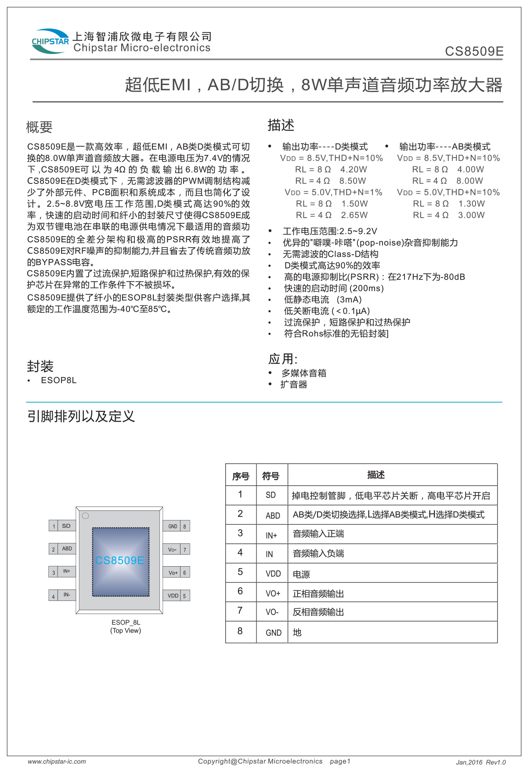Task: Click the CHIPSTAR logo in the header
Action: (50, 42)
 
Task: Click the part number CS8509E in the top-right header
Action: (474, 51)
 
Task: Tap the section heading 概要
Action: (40, 127)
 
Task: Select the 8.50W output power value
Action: (352, 181)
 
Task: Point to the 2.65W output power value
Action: (354, 215)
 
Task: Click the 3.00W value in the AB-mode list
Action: (471, 215)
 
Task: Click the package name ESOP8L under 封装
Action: (59, 380)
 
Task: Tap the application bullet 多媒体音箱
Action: (304, 373)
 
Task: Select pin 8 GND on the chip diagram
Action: (177, 526)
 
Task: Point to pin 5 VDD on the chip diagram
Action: (177, 596)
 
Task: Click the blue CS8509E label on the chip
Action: (119, 560)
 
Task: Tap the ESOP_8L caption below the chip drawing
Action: (126, 622)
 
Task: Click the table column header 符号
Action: (271, 476)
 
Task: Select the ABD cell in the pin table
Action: (273, 516)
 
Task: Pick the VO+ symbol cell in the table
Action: (273, 593)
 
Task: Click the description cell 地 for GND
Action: (297, 632)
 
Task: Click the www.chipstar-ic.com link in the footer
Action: (57, 762)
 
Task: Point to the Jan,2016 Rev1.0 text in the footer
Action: (480, 762)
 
